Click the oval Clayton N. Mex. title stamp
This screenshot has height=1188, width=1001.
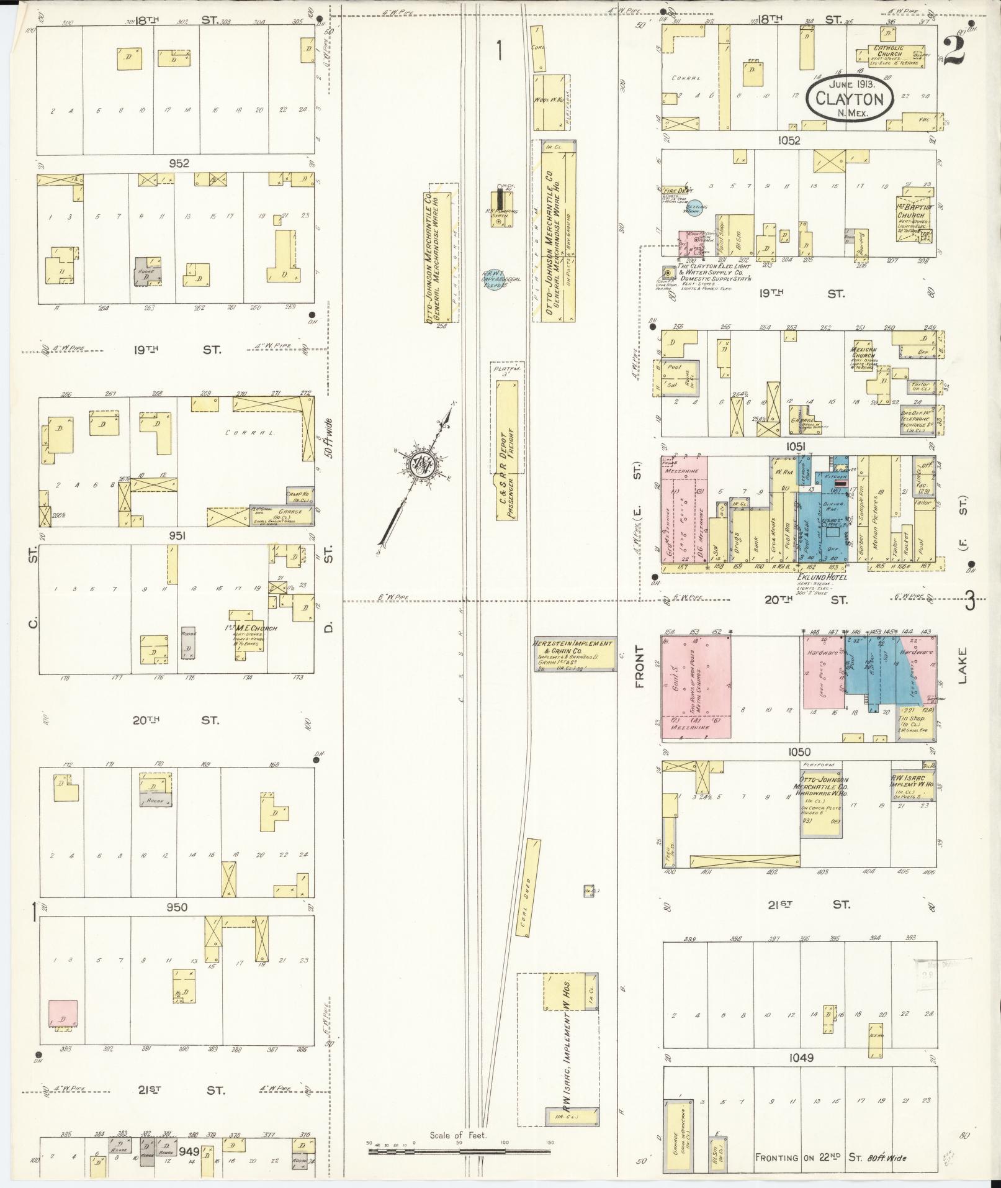click(x=850, y=99)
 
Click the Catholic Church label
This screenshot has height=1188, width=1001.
click(x=889, y=50)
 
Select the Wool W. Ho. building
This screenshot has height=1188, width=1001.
click(x=546, y=101)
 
